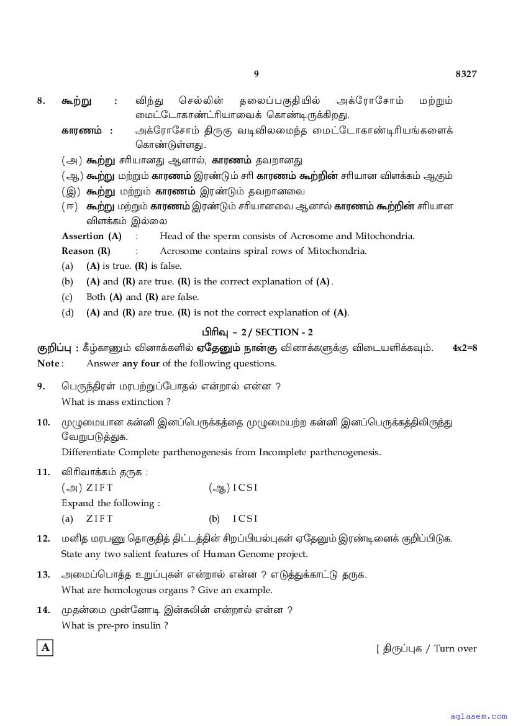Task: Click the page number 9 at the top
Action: tap(256, 74)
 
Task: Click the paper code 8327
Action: tap(466, 74)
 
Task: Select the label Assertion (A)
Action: tap(91, 236)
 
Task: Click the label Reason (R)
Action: tap(86, 251)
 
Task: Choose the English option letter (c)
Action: tap(67, 297)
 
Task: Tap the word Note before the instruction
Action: tap(48, 363)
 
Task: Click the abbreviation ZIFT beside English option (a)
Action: tap(99, 519)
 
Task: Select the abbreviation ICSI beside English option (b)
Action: tap(245, 519)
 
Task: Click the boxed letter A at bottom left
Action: tap(45, 648)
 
